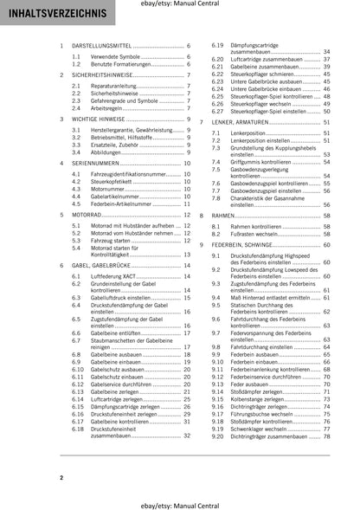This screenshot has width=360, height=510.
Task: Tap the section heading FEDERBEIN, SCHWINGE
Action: [x=254, y=246]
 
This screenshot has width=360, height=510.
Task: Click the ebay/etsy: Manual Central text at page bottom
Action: [x=180, y=499]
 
